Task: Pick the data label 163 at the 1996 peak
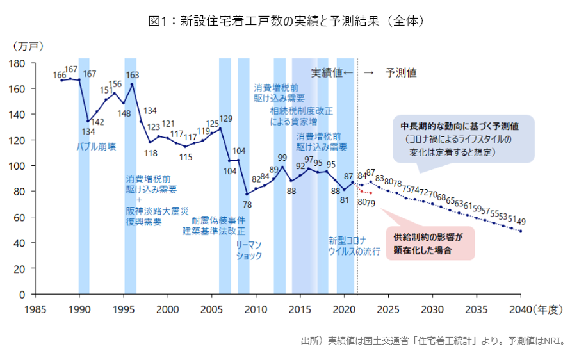[x=133, y=75]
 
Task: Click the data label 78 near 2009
[x=247, y=204]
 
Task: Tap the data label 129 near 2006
[x=225, y=119]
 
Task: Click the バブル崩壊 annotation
[x=96, y=147]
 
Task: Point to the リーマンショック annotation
[x=249, y=250]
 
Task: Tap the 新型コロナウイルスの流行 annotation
[x=354, y=246]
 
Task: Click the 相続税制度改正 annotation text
[x=301, y=111]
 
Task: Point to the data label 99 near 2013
[x=282, y=157]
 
